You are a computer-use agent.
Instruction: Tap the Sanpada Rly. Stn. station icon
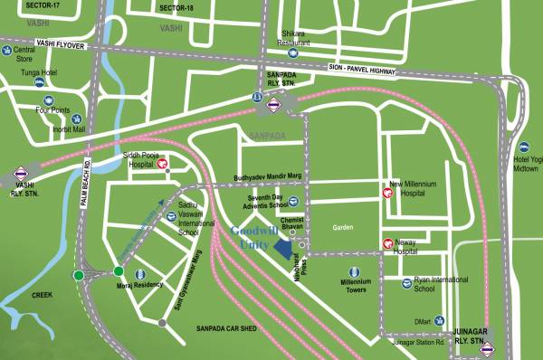click(x=273, y=103)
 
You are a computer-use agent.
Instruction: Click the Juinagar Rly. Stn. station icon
click(x=488, y=349)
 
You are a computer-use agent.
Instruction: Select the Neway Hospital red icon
click(x=387, y=242)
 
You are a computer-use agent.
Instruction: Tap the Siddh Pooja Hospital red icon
click(x=166, y=163)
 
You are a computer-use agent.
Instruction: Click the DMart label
click(x=422, y=320)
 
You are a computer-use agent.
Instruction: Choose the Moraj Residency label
click(x=138, y=284)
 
